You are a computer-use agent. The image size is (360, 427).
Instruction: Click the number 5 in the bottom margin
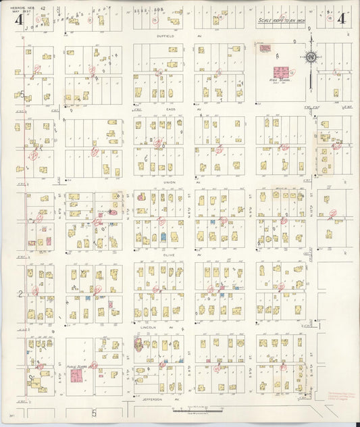(94, 411)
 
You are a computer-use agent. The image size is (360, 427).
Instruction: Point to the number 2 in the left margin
(20, 293)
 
